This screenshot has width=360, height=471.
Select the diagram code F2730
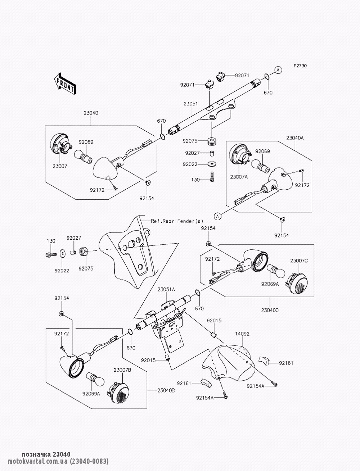tap(300, 66)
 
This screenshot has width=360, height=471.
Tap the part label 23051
tap(191, 104)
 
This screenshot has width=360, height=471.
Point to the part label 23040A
tap(295, 138)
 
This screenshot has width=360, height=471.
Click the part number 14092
tap(242, 334)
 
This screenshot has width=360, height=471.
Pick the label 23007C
tap(299, 261)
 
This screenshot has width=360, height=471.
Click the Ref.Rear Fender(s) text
tap(177, 221)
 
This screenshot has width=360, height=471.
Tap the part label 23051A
tap(166, 289)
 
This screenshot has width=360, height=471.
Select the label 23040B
tap(166, 390)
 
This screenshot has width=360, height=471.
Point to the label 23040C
tap(270, 310)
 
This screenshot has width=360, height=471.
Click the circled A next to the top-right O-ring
tap(278, 70)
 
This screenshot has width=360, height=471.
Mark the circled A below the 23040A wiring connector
tap(218, 216)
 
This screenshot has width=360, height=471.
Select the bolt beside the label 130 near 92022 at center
tap(212, 177)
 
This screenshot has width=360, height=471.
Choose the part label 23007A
tap(239, 177)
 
